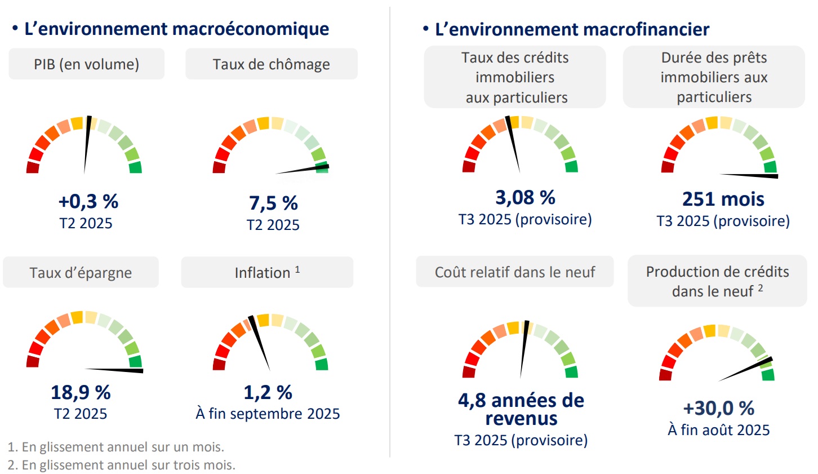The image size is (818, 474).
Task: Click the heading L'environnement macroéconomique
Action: (x=176, y=29)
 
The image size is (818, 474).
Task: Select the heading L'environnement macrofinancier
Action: (x=572, y=29)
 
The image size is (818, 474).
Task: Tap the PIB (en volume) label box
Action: (x=86, y=64)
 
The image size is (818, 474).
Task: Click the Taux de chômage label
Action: (x=271, y=64)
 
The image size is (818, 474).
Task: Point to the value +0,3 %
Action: (x=88, y=201)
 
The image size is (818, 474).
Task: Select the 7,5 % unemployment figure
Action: (x=273, y=203)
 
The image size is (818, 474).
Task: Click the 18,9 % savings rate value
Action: (x=81, y=392)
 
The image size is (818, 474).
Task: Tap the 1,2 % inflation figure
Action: (x=268, y=392)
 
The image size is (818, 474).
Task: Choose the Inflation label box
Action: (x=267, y=273)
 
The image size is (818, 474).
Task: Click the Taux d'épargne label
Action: (x=81, y=273)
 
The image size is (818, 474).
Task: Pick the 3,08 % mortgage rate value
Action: (x=525, y=197)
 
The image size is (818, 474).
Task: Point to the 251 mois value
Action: (x=723, y=199)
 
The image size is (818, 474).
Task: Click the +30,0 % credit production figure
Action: (x=718, y=408)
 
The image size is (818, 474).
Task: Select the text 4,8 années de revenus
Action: (x=521, y=409)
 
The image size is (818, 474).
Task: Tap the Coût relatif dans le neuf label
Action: (x=515, y=272)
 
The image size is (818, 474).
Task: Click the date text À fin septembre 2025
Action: (x=268, y=414)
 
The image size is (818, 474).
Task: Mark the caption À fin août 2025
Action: (x=719, y=430)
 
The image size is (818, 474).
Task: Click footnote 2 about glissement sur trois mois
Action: (x=122, y=465)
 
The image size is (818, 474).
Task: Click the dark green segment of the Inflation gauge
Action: (x=322, y=364)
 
